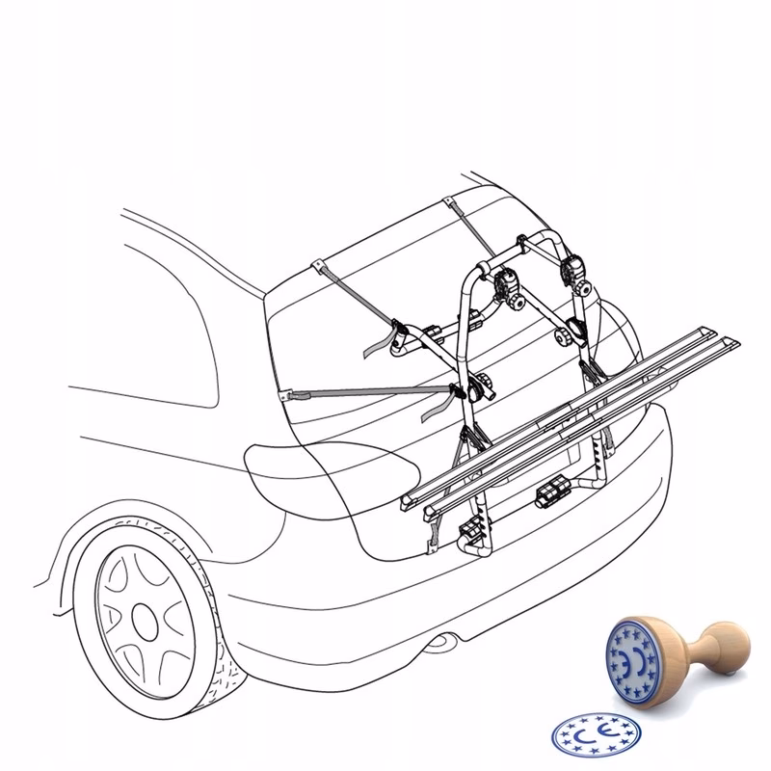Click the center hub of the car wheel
click(x=146, y=622)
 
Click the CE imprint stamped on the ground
click(x=596, y=735)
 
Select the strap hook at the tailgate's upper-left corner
click(x=320, y=268)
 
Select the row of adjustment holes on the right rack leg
click(x=597, y=456)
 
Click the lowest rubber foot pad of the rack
click(x=472, y=529)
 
